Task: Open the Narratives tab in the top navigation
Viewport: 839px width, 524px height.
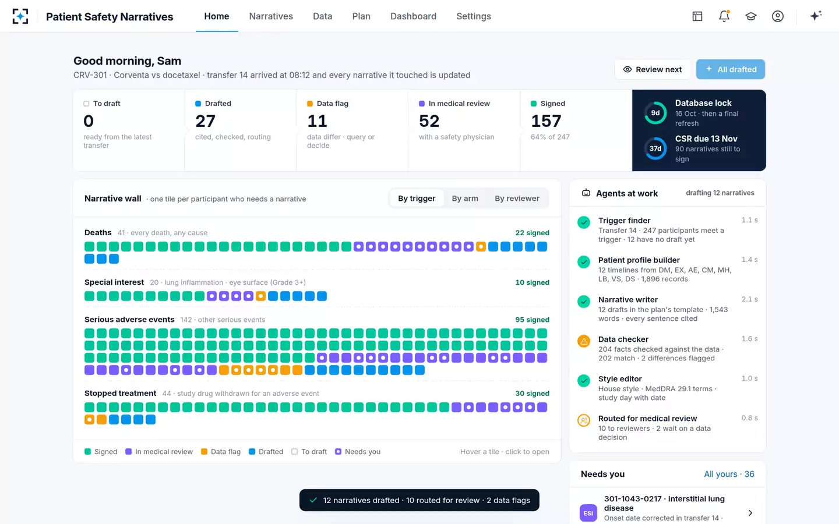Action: (x=271, y=16)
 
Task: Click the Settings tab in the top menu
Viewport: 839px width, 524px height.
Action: (x=474, y=16)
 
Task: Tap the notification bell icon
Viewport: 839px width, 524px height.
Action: (x=724, y=16)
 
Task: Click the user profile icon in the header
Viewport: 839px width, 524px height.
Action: (x=778, y=16)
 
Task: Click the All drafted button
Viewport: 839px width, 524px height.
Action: (x=731, y=69)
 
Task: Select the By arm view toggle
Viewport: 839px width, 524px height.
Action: (x=465, y=199)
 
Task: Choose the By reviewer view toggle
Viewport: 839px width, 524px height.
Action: (x=517, y=199)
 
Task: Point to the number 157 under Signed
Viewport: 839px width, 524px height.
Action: (x=546, y=121)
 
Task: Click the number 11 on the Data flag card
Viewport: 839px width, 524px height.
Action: (x=317, y=121)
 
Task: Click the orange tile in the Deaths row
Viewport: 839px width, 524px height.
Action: (x=481, y=247)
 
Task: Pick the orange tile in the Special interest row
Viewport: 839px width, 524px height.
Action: (x=260, y=296)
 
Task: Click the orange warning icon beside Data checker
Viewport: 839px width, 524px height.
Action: (x=584, y=341)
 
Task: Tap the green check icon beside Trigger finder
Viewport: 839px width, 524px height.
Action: (x=584, y=222)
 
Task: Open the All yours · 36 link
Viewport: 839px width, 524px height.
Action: (x=729, y=474)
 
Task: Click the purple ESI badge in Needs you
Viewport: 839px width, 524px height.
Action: (x=588, y=513)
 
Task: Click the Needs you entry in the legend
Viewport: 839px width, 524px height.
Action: (x=358, y=452)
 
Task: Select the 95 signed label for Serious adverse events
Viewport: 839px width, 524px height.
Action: (x=533, y=320)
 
